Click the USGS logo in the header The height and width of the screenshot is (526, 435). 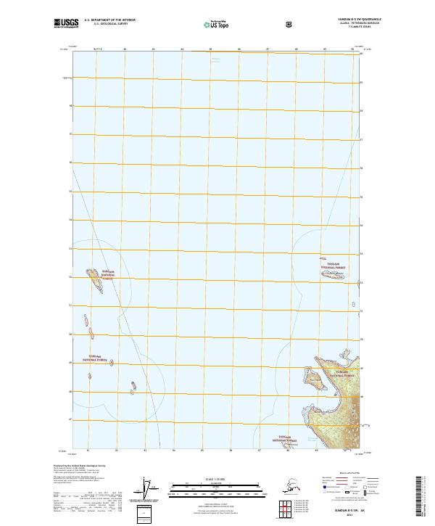point(64,24)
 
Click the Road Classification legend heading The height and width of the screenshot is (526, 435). point(345,471)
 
